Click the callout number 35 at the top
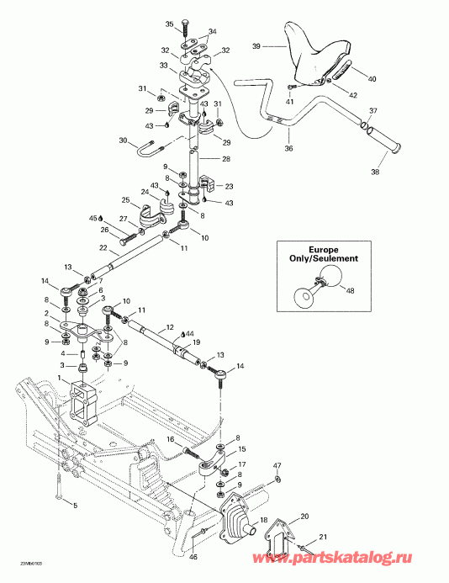click(x=170, y=24)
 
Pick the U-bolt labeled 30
click(x=149, y=152)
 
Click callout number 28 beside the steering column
click(x=225, y=158)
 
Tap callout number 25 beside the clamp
click(x=125, y=200)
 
